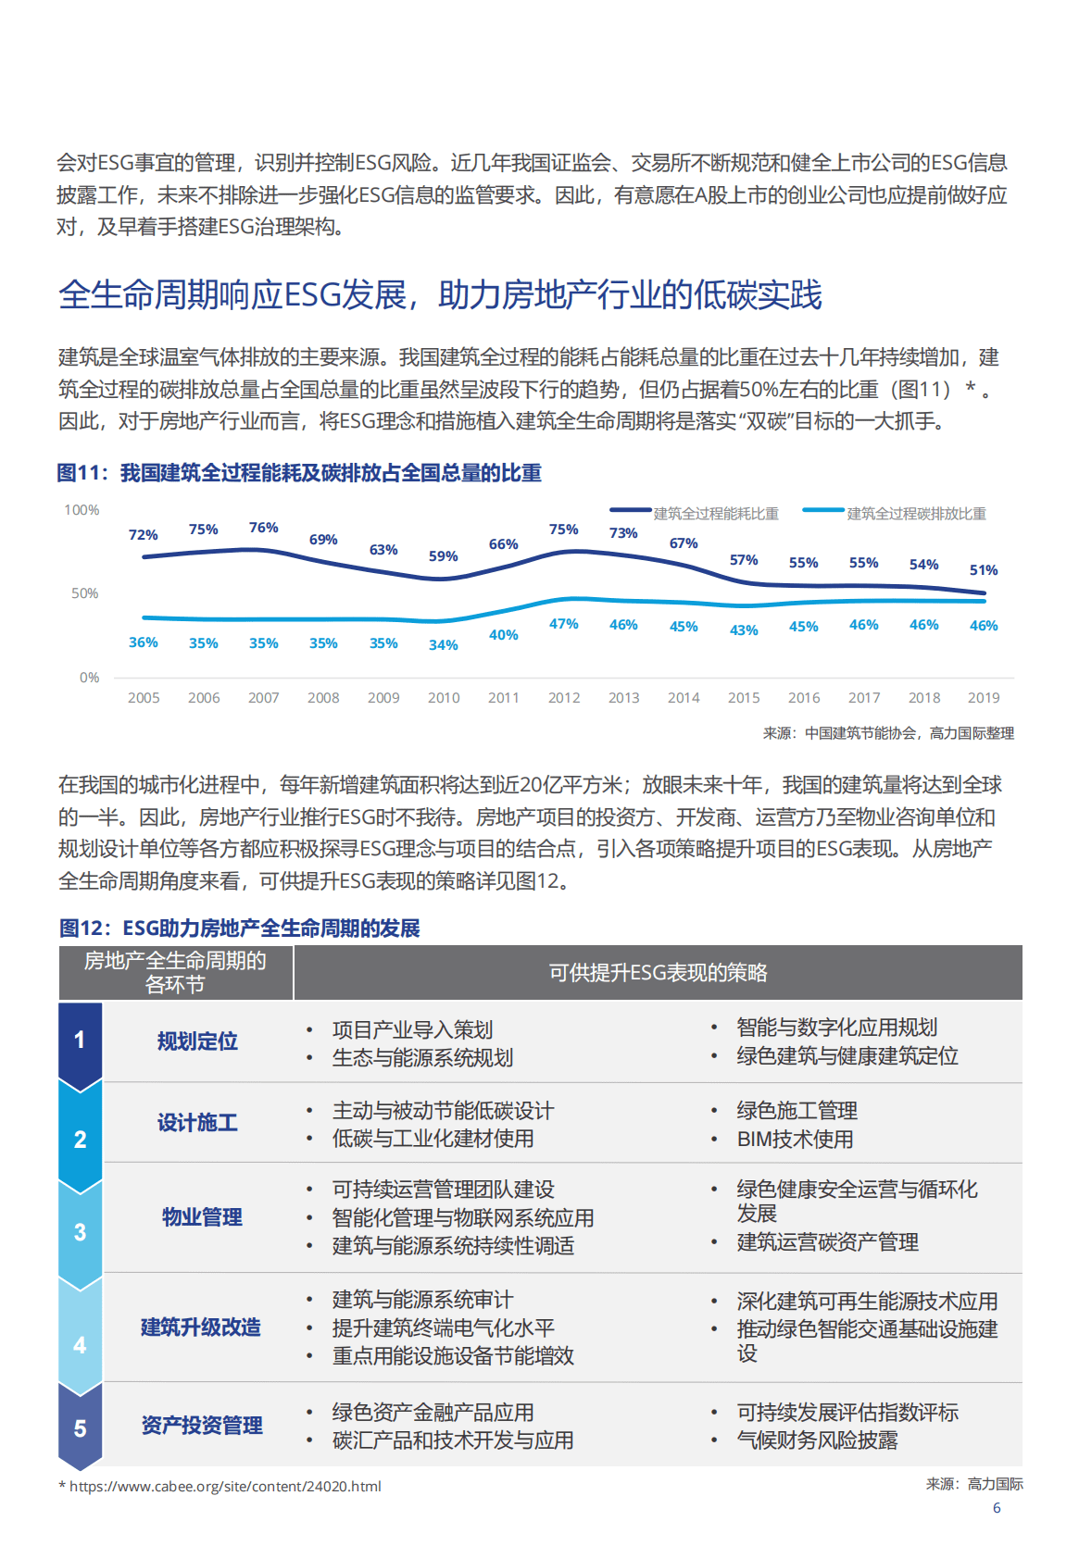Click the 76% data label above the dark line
coord(263,528)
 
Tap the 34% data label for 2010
coord(443,645)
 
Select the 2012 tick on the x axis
coord(564,698)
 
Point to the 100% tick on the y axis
coord(82,510)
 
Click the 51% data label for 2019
coord(984,570)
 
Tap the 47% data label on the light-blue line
coord(564,624)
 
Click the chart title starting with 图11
coord(299,473)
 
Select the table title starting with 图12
coord(239,929)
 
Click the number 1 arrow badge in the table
coord(80,1041)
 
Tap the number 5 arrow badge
coord(80,1428)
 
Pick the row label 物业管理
coord(202,1217)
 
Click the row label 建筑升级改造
coord(200,1327)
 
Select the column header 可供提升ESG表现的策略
coord(658,973)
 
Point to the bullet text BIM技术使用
coord(795,1140)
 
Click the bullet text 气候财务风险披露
coord(817,1440)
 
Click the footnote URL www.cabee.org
coord(225,1487)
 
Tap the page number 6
coord(997,1508)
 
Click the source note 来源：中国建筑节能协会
coord(888,733)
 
